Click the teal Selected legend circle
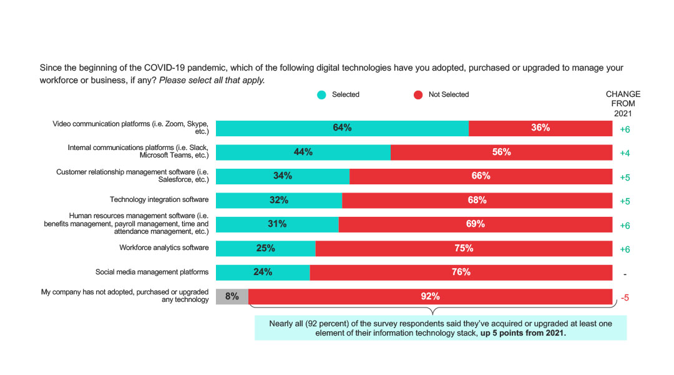[x=321, y=95]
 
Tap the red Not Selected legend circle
[x=418, y=95]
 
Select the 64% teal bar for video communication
[x=342, y=128]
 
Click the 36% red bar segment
[x=540, y=128]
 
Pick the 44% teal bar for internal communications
[x=303, y=152]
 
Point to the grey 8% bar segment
[x=232, y=296]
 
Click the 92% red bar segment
[x=430, y=296]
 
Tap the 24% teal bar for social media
[x=263, y=272]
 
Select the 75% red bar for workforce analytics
[x=464, y=248]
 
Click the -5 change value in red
[x=623, y=297]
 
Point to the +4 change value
[x=625, y=153]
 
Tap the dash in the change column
[x=625, y=274]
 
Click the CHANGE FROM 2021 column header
[x=623, y=104]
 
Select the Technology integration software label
[x=159, y=200]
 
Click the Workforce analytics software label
[x=164, y=248]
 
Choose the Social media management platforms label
[x=152, y=272]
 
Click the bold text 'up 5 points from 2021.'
[x=523, y=333]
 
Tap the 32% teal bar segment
[x=279, y=200]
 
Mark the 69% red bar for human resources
[x=475, y=224]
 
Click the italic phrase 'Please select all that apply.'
[x=212, y=80]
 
